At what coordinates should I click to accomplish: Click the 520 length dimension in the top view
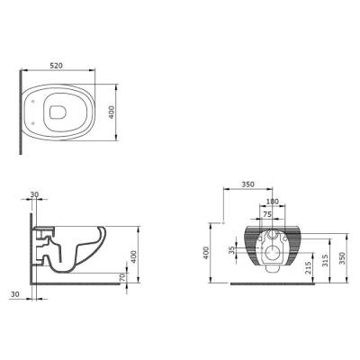(59, 67)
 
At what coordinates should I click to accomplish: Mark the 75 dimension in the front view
(266, 215)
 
